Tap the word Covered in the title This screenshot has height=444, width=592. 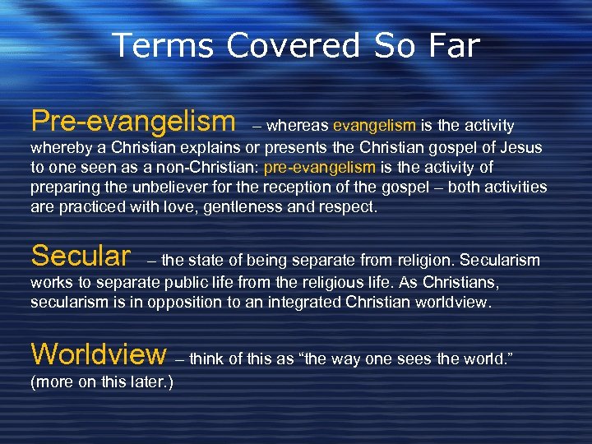288,46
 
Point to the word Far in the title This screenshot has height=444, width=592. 449,46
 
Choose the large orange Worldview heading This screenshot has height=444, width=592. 99,354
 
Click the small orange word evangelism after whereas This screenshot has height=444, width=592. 375,126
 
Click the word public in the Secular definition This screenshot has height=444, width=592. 171,283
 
